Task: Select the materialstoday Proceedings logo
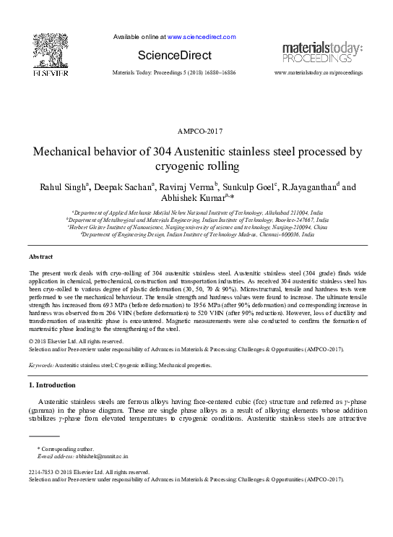pyautogui.click(x=322, y=52)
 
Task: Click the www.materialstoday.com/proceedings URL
pyautogui.click(x=319, y=73)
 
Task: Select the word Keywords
pyautogui.click(x=43, y=365)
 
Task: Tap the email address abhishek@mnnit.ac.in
pyautogui.click(x=100, y=457)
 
